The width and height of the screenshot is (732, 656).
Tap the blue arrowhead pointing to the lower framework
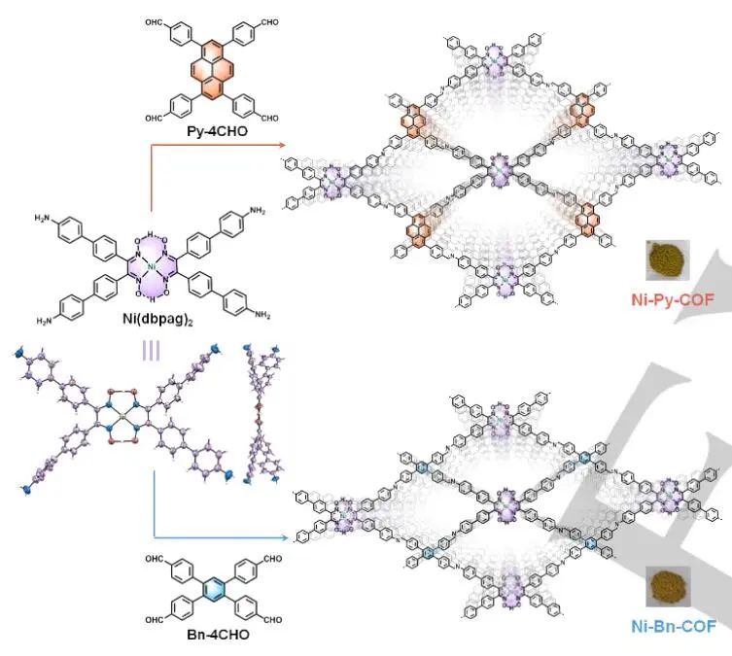pos(292,536)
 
